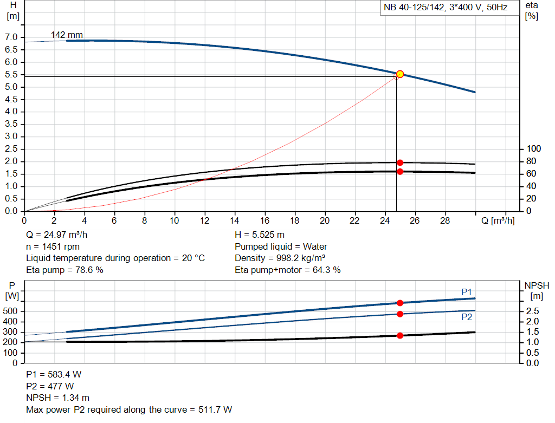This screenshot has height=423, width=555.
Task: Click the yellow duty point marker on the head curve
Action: pyautogui.click(x=400, y=74)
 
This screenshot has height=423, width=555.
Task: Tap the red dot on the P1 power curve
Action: pyautogui.click(x=400, y=303)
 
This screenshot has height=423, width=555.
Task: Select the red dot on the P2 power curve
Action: pyautogui.click(x=400, y=314)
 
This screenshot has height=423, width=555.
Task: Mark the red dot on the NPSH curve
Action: pyautogui.click(x=400, y=335)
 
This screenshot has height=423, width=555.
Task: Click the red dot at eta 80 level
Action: pyautogui.click(x=400, y=162)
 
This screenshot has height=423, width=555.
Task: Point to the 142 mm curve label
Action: pyautogui.click(x=67, y=35)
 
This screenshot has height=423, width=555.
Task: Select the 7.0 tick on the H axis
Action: pyautogui.click(x=11, y=37)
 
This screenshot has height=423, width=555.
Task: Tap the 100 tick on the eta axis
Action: pyautogui.click(x=534, y=149)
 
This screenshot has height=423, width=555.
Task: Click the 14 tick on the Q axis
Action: pyautogui.click(x=235, y=220)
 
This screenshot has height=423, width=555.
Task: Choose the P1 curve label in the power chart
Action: pyautogui.click(x=467, y=292)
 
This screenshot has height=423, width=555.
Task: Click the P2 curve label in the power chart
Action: pyautogui.click(x=467, y=317)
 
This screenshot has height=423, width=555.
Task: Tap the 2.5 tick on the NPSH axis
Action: pyautogui.click(x=533, y=311)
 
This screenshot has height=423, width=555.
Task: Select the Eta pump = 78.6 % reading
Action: pyautogui.click(x=64, y=270)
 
